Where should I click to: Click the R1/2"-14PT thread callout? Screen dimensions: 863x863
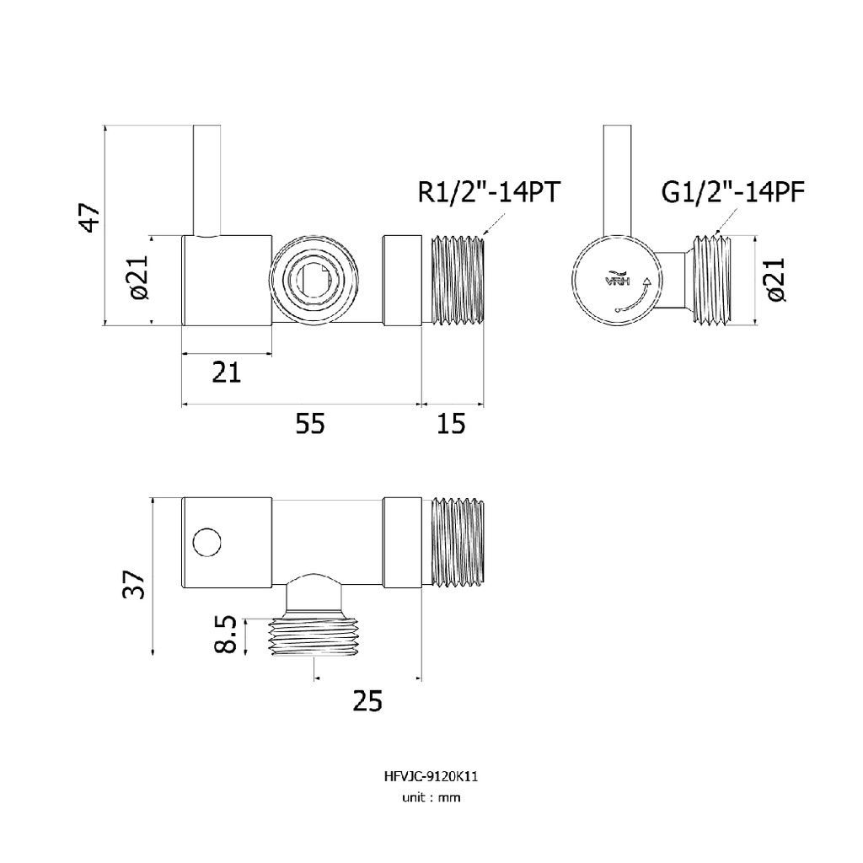click(489, 192)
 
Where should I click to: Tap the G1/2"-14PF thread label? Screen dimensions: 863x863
click(732, 192)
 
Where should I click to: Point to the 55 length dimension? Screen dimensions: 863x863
click(310, 424)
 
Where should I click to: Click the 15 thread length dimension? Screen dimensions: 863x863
click(452, 424)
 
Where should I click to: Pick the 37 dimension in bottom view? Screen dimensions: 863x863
click(134, 585)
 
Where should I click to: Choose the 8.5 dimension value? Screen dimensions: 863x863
click(226, 634)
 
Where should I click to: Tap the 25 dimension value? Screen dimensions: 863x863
click(367, 701)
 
